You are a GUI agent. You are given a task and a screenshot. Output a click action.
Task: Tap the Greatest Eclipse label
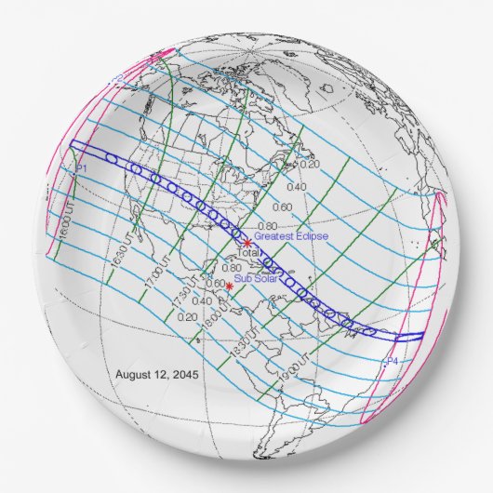[290, 236]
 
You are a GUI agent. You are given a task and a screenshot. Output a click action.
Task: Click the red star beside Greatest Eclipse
[247, 244]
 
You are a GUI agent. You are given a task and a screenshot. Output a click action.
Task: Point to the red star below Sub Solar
[230, 286]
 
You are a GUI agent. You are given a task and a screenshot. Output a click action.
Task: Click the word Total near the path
[249, 253]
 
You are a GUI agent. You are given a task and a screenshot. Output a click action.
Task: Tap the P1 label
[80, 167]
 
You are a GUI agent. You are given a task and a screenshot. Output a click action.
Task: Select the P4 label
[392, 360]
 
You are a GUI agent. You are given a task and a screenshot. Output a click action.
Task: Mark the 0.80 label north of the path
[266, 226]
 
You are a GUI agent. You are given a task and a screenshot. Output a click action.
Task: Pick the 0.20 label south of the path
[186, 316]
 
